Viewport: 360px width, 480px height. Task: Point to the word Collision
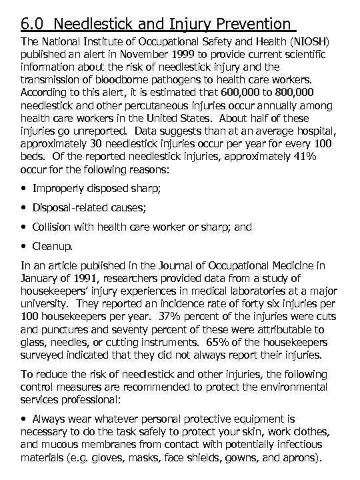[55, 227]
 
